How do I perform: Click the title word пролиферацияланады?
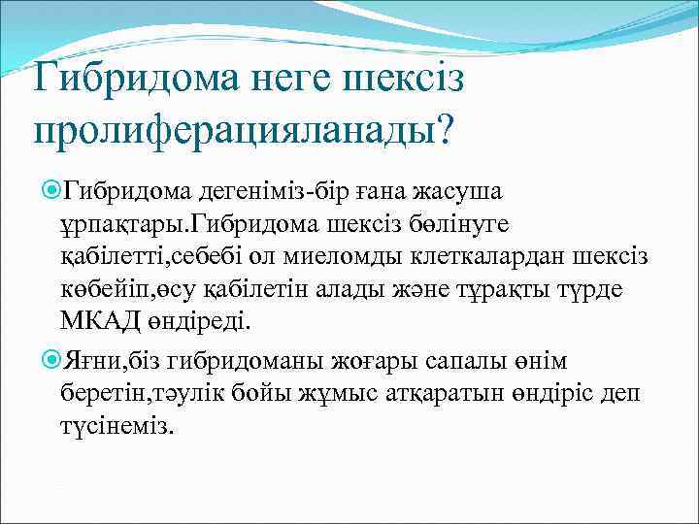232,128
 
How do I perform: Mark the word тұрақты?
516,290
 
